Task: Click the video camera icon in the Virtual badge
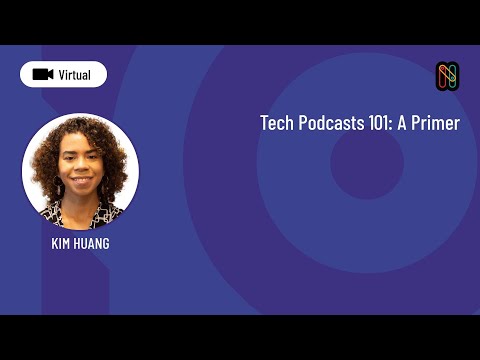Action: (42, 74)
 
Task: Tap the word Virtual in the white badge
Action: (75, 74)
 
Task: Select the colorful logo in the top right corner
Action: (447, 76)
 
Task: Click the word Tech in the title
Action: (277, 124)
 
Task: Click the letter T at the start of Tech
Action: (265, 124)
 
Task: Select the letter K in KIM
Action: (55, 243)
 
